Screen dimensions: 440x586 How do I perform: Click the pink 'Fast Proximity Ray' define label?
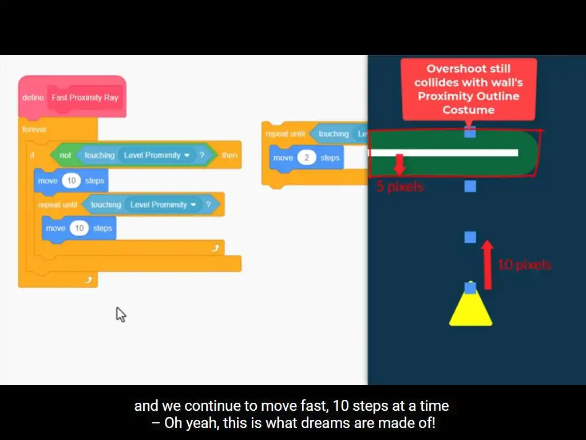pos(85,97)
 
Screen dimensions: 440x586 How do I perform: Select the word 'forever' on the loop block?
pos(34,129)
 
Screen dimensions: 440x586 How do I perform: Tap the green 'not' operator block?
pos(65,155)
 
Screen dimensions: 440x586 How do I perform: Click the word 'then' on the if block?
pos(229,155)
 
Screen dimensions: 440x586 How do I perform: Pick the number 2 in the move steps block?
pos(307,158)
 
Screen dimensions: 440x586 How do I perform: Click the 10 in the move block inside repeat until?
pos(79,228)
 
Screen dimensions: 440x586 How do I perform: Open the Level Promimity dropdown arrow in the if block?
pos(187,155)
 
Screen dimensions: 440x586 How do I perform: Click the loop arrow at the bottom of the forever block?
pos(88,280)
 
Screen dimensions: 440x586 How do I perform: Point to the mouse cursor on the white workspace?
pos(120,313)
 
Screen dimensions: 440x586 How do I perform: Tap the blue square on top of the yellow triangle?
pos(470,288)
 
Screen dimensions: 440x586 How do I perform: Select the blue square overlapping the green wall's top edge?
pos(470,132)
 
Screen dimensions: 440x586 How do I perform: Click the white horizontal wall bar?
pos(444,153)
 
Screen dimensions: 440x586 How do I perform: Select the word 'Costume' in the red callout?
pos(468,109)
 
